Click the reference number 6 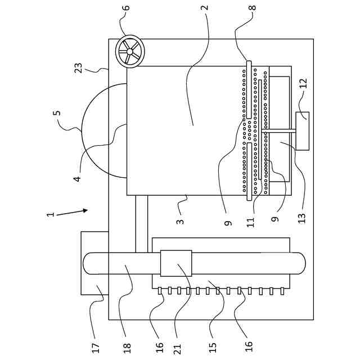[x=127, y=7]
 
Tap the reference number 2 [x=205, y=7]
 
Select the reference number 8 [x=252, y=7]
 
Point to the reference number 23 [x=79, y=68]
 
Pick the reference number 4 [x=78, y=178]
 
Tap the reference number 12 [x=303, y=84]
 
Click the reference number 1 [x=51, y=214]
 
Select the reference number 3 [x=181, y=222]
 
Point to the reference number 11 [x=251, y=222]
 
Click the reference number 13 [x=302, y=218]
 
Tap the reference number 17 [x=96, y=348]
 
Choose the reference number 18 [x=127, y=348]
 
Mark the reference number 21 [x=178, y=349]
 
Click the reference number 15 [x=213, y=349]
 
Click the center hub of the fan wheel [x=130, y=52]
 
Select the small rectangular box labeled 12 [x=303, y=131]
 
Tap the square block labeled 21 [x=176, y=263]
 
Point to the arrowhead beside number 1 [x=85, y=210]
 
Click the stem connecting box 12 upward [x=279, y=131]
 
